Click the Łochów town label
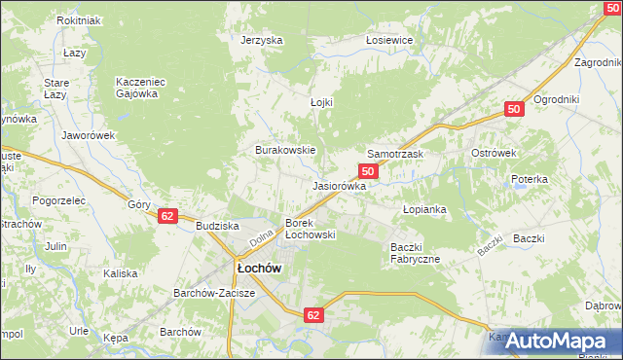[259, 268]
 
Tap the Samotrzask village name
[395, 155]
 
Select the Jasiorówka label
[339, 185]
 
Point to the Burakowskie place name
[284, 151]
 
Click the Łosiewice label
[390, 40]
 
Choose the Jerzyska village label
[262, 40]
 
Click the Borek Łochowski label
[310, 229]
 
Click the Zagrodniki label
[598, 61]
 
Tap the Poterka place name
[530, 180]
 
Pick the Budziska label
[217, 225]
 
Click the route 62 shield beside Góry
[168, 216]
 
